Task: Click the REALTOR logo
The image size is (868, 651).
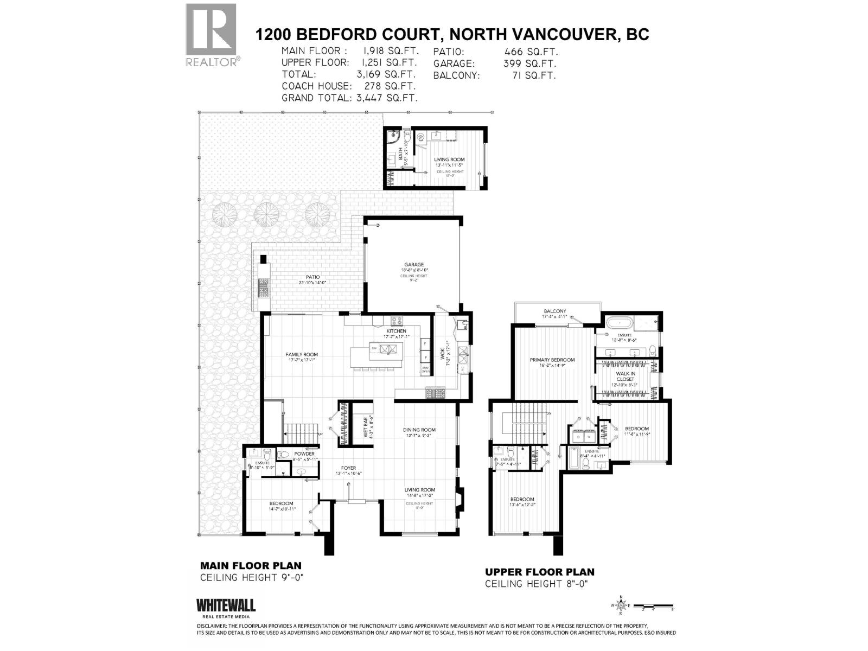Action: click(x=211, y=34)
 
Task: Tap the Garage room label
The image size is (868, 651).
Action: click(x=413, y=265)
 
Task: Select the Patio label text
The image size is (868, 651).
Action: click(x=312, y=277)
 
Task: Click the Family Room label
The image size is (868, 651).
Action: click(x=302, y=355)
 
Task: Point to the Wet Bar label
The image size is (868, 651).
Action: click(x=366, y=427)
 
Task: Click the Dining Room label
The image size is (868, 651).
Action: click(x=419, y=430)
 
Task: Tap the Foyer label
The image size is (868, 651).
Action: click(x=348, y=468)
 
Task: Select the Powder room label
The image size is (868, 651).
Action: click(x=304, y=454)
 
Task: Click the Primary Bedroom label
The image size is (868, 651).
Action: click(x=552, y=360)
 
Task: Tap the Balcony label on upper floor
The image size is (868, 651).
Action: click(x=554, y=311)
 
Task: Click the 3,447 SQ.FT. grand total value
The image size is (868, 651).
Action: click(x=386, y=98)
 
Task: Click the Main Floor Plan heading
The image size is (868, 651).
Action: click(x=251, y=565)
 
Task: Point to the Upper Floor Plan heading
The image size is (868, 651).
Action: click(x=539, y=572)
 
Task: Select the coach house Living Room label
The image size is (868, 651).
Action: click(x=449, y=159)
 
